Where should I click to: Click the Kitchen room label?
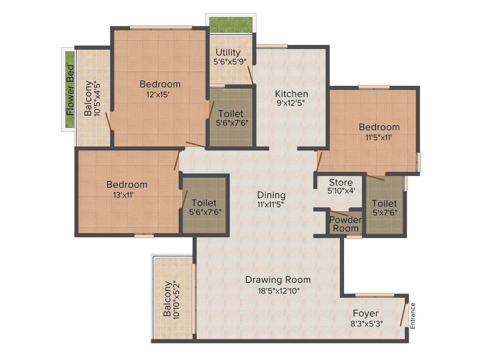291,94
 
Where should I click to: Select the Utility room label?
228,52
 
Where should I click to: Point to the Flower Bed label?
70,90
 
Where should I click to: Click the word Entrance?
412,316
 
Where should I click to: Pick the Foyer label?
366,313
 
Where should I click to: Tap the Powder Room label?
345,224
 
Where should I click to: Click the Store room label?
341,182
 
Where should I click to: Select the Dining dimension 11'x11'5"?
271,204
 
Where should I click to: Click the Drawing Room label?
278,280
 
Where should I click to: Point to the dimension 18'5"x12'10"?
278,291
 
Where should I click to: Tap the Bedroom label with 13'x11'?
127,184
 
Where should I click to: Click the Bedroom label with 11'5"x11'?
379,127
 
